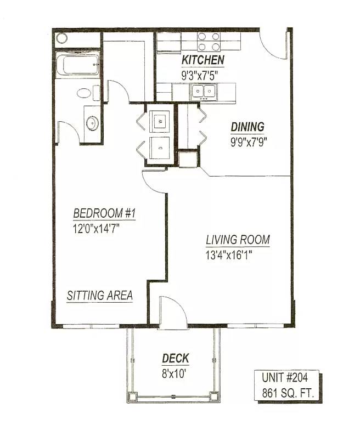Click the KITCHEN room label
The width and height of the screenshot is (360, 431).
203,60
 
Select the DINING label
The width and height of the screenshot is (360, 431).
248,127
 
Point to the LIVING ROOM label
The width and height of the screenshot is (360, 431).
238,240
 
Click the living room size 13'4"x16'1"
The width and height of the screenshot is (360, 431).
229,256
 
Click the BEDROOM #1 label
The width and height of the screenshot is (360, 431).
104,213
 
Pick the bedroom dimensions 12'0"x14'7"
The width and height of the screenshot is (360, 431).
97,229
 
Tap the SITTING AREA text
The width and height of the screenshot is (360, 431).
100,295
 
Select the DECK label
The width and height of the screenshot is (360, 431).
176,359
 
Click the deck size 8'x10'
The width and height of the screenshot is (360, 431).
175,373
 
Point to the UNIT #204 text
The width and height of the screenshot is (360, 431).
285,378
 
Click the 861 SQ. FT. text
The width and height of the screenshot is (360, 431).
288,393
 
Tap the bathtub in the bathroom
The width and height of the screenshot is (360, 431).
78,65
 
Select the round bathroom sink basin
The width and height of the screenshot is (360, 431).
92,123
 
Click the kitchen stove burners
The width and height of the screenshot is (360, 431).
209,42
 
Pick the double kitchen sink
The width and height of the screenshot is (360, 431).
204,91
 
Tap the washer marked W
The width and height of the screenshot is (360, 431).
160,121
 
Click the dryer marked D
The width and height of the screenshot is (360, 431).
160,148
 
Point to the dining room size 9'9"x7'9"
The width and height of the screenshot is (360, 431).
249,142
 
